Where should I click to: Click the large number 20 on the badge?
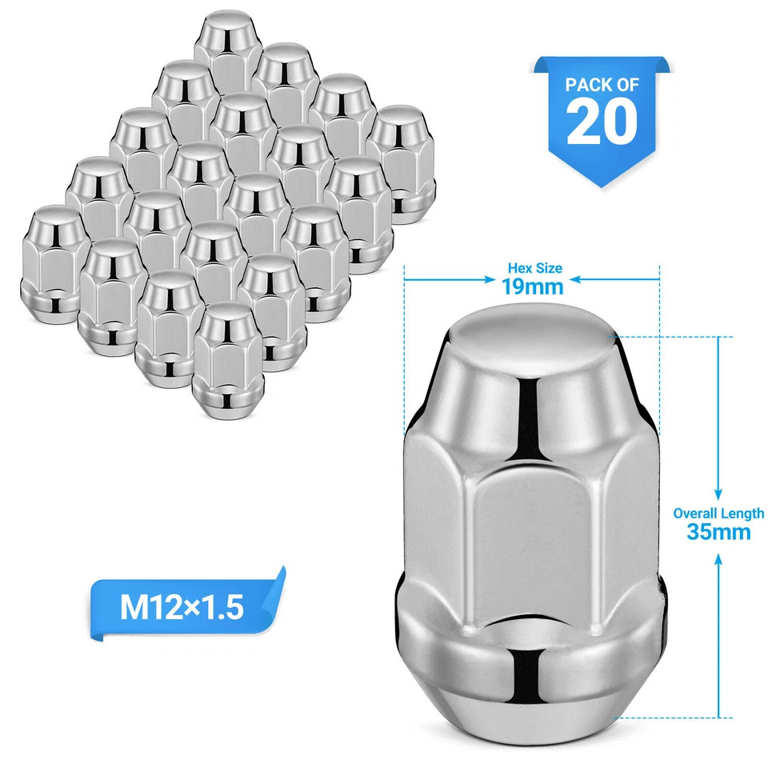tap(602, 122)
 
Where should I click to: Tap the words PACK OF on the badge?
tap(602, 84)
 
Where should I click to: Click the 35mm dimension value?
tap(718, 531)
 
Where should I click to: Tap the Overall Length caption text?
tap(718, 514)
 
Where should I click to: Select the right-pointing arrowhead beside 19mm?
tap(489, 280)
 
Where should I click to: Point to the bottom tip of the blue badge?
tap(602, 186)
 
